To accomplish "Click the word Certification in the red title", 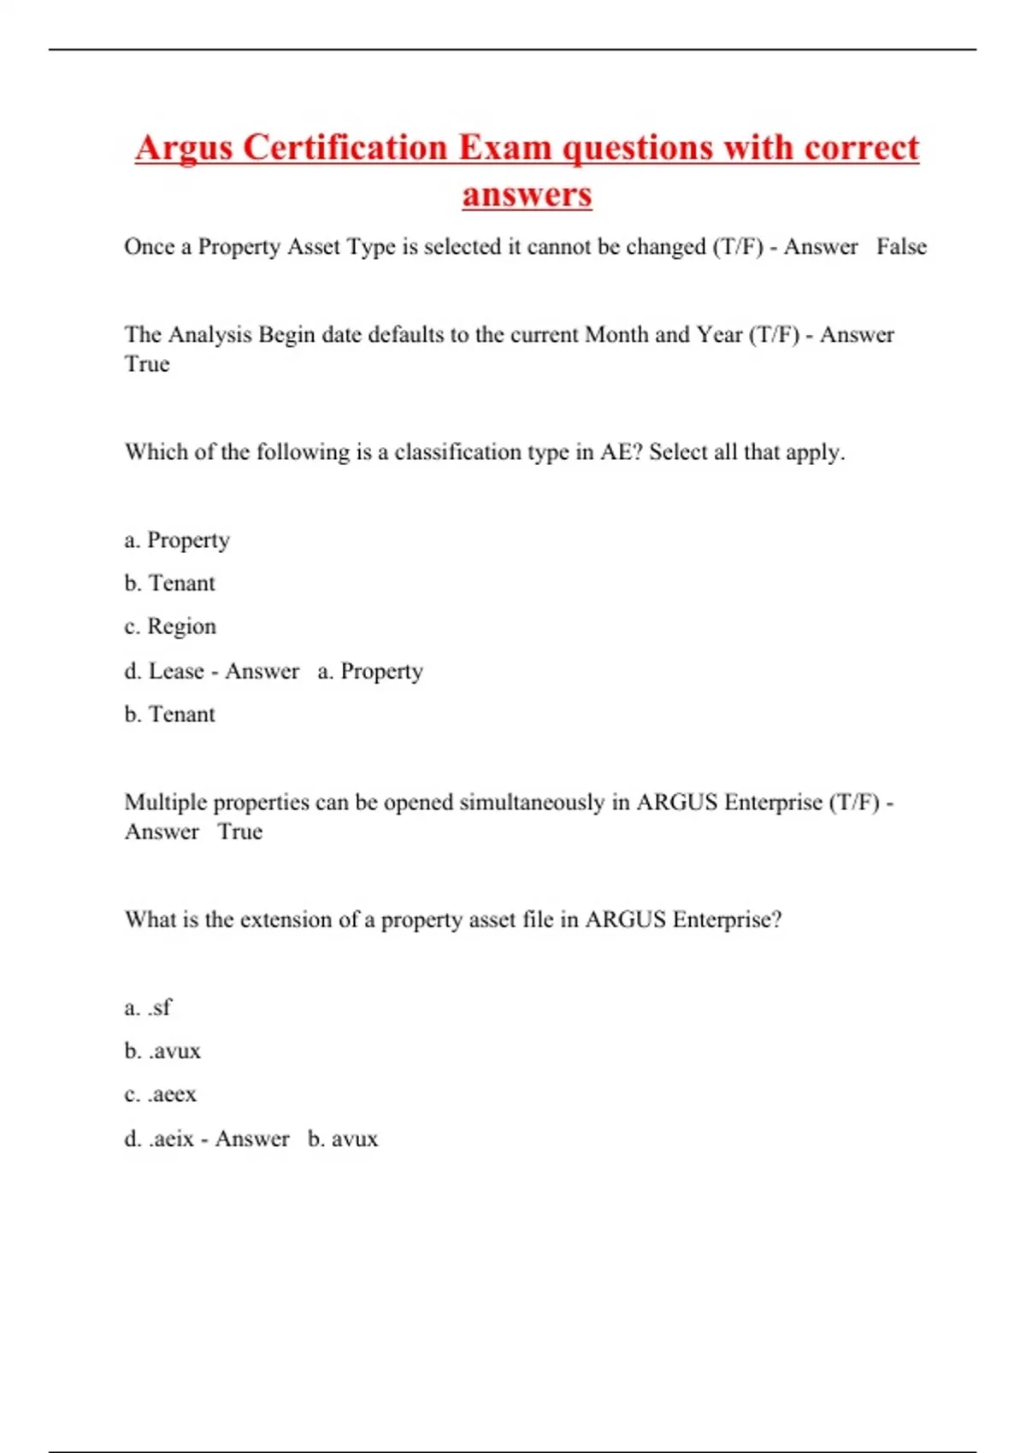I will [345, 148].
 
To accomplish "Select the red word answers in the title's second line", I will [527, 194].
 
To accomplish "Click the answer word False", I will [901, 247].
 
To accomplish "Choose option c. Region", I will [170, 626].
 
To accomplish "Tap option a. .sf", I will [148, 1008].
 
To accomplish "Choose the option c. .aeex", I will [161, 1095].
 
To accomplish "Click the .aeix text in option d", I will [171, 1139].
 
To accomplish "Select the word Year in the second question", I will [719, 334].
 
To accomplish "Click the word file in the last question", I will [541, 920].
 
